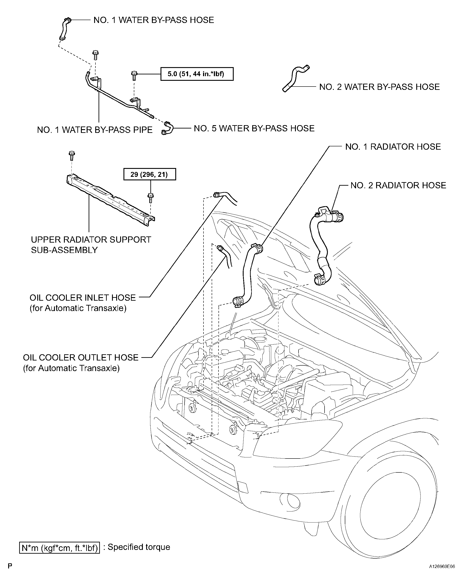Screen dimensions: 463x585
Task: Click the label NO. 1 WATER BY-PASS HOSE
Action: (154, 20)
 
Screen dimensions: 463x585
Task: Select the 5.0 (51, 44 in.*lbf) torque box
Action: (197, 74)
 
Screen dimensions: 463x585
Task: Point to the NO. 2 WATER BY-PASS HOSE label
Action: (379, 87)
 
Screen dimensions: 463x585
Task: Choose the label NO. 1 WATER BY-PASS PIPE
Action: (95, 130)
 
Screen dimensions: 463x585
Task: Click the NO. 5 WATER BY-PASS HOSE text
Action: (254, 128)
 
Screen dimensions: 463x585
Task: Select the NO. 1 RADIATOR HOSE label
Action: (393, 147)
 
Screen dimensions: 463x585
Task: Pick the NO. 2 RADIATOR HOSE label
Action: (398, 185)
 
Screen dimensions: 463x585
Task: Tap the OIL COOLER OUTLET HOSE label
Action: (80, 362)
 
